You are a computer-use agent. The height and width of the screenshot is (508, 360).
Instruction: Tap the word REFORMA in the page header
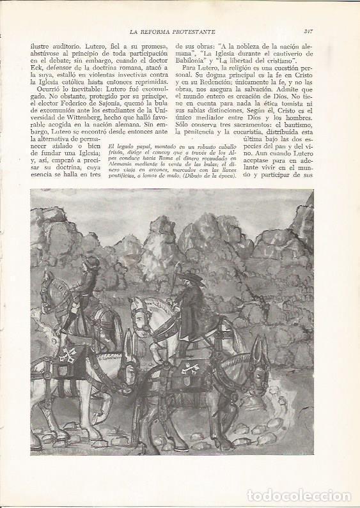pos(152,30)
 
